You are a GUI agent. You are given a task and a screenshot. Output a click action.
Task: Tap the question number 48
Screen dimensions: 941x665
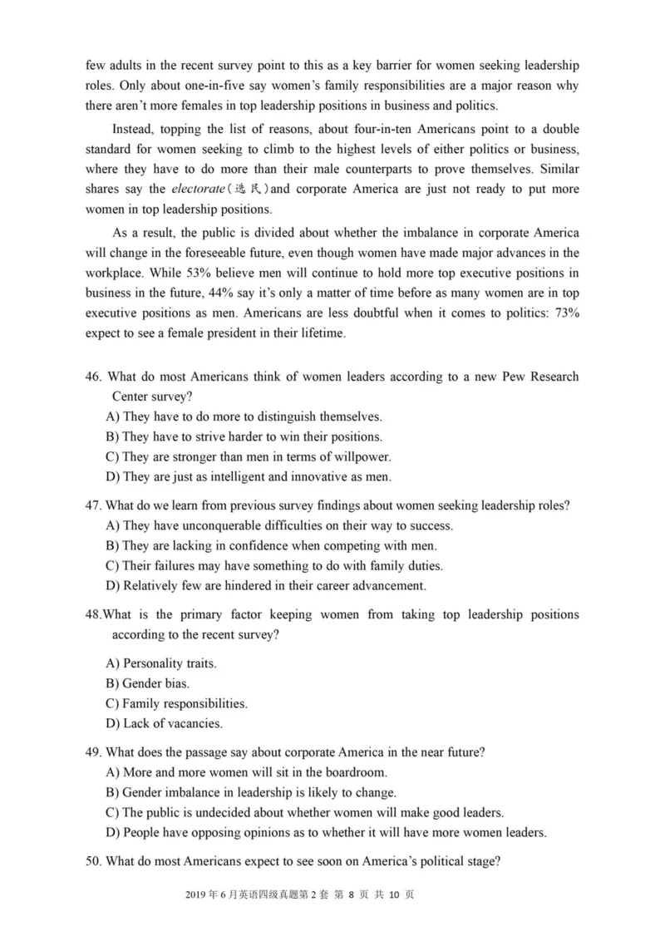(94, 614)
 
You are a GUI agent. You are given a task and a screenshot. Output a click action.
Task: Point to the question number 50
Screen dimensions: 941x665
(94, 862)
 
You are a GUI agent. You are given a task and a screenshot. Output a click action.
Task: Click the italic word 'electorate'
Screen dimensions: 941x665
(198, 189)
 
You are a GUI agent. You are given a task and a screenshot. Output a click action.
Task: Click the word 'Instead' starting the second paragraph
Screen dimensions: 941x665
(135, 129)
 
